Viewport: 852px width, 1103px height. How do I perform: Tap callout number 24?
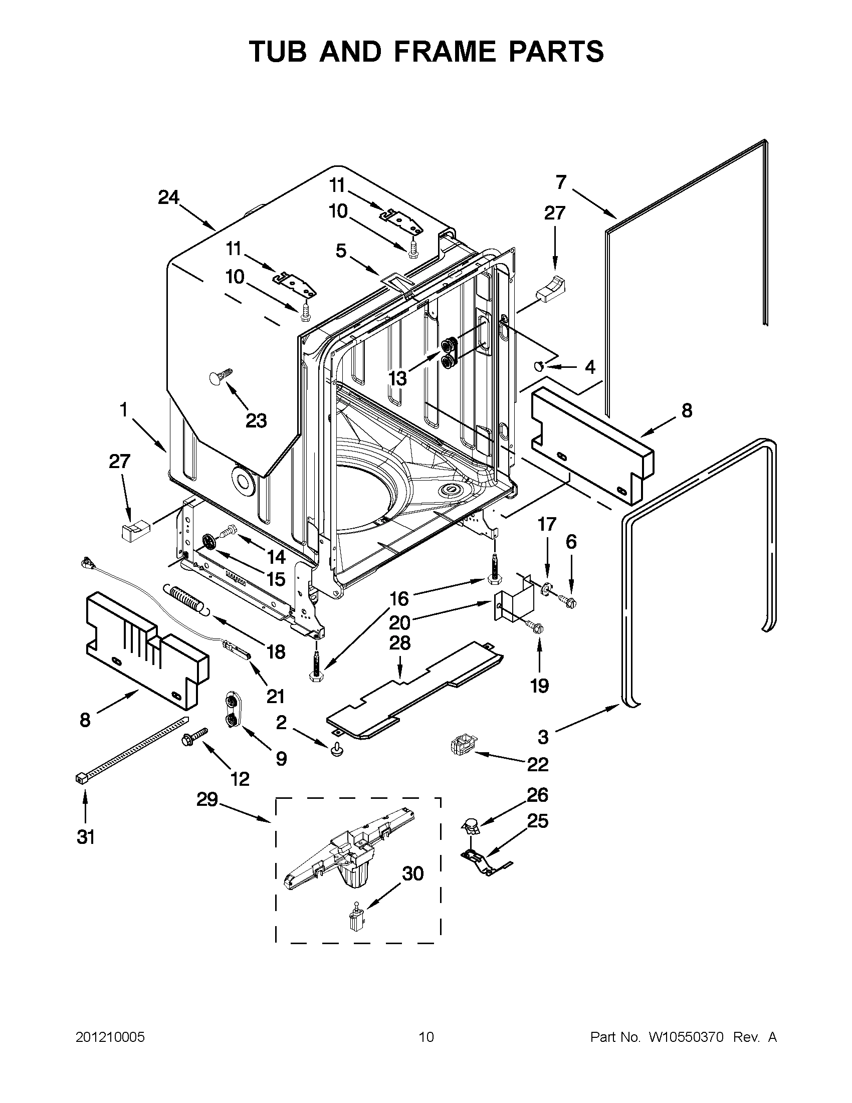click(x=169, y=197)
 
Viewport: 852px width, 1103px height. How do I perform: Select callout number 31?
click(x=85, y=837)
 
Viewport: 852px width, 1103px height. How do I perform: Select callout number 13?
click(x=398, y=378)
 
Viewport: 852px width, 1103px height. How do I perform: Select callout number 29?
click(x=207, y=799)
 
